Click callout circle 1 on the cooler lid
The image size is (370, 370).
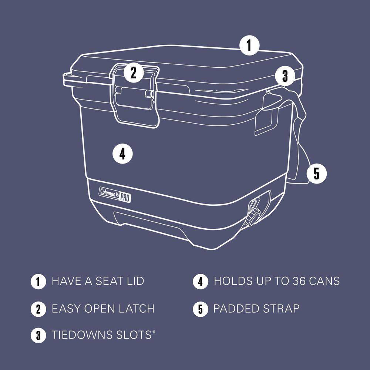[249, 46]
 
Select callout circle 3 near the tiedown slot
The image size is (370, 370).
[285, 76]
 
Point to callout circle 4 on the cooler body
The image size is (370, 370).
[122, 153]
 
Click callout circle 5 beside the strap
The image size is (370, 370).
[316, 173]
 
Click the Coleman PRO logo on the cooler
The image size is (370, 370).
[115, 194]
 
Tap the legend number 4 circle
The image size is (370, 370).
[201, 282]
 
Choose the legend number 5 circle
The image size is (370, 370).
[201, 309]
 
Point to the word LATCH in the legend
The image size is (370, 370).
[136, 308]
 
